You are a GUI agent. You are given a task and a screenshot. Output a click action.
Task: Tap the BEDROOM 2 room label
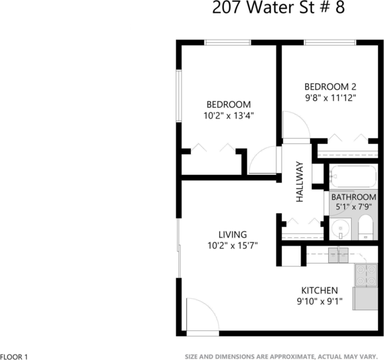pyautogui.click(x=330, y=86)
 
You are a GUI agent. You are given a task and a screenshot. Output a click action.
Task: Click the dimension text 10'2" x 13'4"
pyautogui.click(x=228, y=115)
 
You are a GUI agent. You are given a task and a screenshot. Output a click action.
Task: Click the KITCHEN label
pyautogui.click(x=319, y=290)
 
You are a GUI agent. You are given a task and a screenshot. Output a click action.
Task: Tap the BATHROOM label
pyautogui.click(x=353, y=197)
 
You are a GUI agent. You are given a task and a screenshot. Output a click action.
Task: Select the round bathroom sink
pyautogui.click(x=342, y=228)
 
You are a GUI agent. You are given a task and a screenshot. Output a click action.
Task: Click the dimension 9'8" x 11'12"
pyautogui.click(x=330, y=98)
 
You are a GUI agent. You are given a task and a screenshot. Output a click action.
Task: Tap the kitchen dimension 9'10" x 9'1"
pyautogui.click(x=321, y=301)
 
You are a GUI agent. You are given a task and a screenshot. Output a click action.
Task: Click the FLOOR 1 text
pyautogui.click(x=14, y=356)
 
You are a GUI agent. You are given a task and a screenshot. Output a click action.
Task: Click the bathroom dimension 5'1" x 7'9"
pyautogui.click(x=353, y=207)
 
